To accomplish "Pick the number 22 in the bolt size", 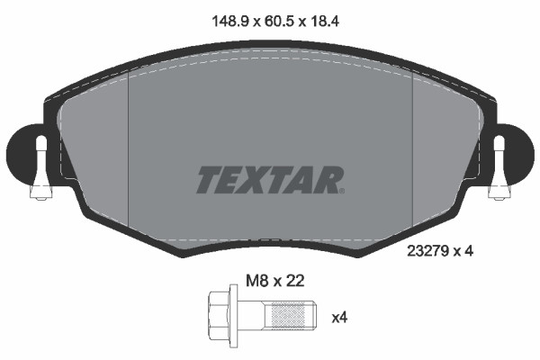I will point(295,280).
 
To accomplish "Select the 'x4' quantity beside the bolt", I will point(340,317).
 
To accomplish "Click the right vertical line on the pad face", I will point(412,153).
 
